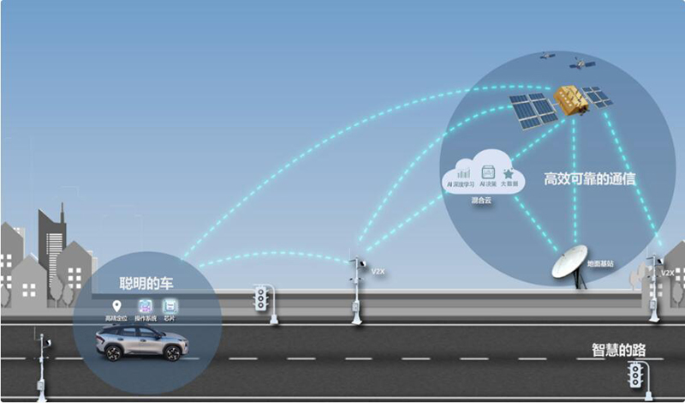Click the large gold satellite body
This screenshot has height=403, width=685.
[570, 99]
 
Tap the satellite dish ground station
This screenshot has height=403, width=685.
[569, 262]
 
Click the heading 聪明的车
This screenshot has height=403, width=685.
[148, 282]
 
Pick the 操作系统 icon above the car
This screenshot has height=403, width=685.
[146, 306]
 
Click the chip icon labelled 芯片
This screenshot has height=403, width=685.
[170, 306]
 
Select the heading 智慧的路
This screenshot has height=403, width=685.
[618, 349]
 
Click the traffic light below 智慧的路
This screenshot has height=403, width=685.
[636, 374]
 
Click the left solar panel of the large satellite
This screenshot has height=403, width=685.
[533, 110]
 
